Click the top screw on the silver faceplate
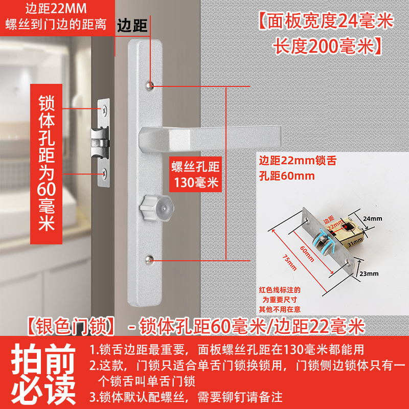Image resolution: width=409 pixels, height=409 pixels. pyautogui.click(x=149, y=85)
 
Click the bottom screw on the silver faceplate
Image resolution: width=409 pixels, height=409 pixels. pyautogui.click(x=149, y=260)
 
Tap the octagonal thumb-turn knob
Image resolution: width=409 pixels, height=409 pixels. pyautogui.click(x=157, y=208)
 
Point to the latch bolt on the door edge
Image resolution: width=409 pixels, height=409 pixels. pyautogui.click(x=100, y=143)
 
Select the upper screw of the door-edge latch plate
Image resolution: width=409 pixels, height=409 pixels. pyautogui.click(x=104, y=110)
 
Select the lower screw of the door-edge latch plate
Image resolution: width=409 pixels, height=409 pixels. pyautogui.click(x=104, y=172)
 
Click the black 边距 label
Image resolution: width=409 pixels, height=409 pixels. pyautogui.click(x=132, y=26)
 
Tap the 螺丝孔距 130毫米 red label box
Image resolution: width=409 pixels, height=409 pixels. pyautogui.click(x=195, y=174)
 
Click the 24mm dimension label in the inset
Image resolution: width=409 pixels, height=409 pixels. pyautogui.click(x=373, y=219)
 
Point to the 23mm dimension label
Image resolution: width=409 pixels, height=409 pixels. pyautogui.click(x=369, y=274)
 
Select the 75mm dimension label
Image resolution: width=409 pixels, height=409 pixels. pyautogui.click(x=290, y=262)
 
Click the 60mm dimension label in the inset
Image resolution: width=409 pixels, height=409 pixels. pyautogui.click(x=307, y=254)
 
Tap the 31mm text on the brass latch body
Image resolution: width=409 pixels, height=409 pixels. pyautogui.click(x=355, y=241)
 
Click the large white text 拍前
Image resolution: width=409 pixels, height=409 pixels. pyautogui.click(x=43, y=359)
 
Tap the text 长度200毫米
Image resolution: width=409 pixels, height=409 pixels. pyautogui.click(x=327, y=47)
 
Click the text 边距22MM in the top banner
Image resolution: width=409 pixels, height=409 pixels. pyautogui.click(x=56, y=9)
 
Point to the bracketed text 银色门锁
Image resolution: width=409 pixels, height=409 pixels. pyautogui.click(x=71, y=326)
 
